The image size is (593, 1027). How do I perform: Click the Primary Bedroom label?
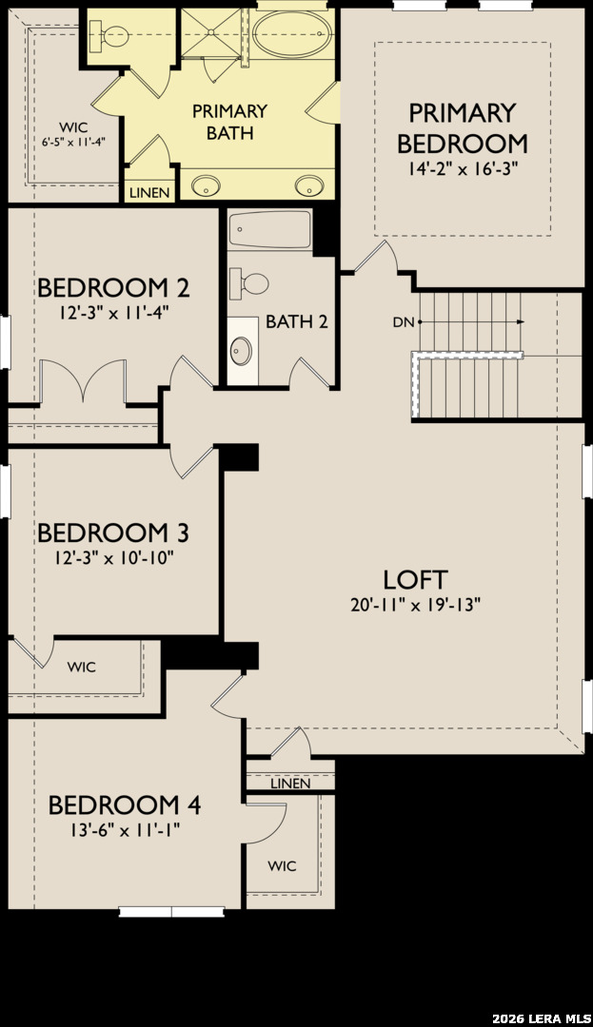coord(462,127)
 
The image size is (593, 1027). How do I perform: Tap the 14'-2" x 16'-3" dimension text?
coord(462,169)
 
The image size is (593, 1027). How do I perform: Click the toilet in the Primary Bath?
coord(109,36)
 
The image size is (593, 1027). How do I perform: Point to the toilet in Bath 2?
coord(249,283)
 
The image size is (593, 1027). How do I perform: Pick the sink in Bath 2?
coord(242,350)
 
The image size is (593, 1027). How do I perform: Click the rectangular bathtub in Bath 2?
coord(270,229)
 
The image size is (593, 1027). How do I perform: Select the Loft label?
coord(415,580)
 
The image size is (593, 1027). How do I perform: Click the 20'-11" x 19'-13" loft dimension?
coord(415,605)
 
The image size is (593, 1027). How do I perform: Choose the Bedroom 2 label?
coord(113,287)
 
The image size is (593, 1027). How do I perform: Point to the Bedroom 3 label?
coord(113,533)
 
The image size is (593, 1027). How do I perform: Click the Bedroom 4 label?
coord(125,805)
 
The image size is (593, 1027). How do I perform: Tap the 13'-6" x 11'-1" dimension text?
coord(125,830)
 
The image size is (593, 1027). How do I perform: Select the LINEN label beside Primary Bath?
coord(150,193)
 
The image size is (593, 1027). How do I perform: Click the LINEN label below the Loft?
coord(290,784)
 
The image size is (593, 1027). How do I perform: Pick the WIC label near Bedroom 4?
coord(282,866)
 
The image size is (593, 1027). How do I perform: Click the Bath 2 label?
coord(297,321)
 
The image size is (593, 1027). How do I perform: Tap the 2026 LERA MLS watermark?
coord(542,1018)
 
